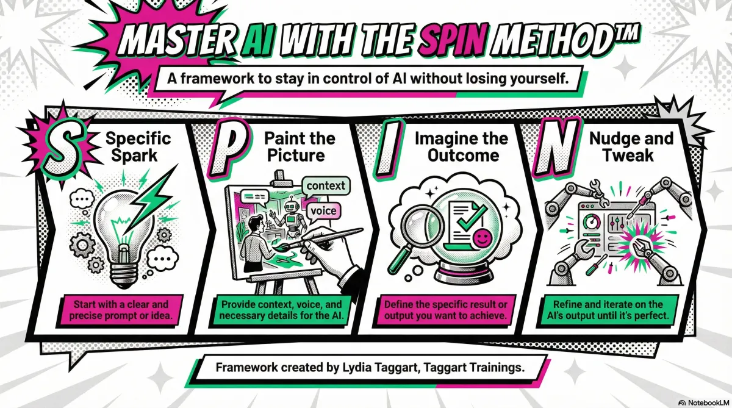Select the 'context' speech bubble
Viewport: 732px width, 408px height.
(326, 186)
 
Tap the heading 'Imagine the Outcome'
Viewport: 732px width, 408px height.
(462, 147)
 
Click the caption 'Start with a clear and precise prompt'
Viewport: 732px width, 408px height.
(121, 310)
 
